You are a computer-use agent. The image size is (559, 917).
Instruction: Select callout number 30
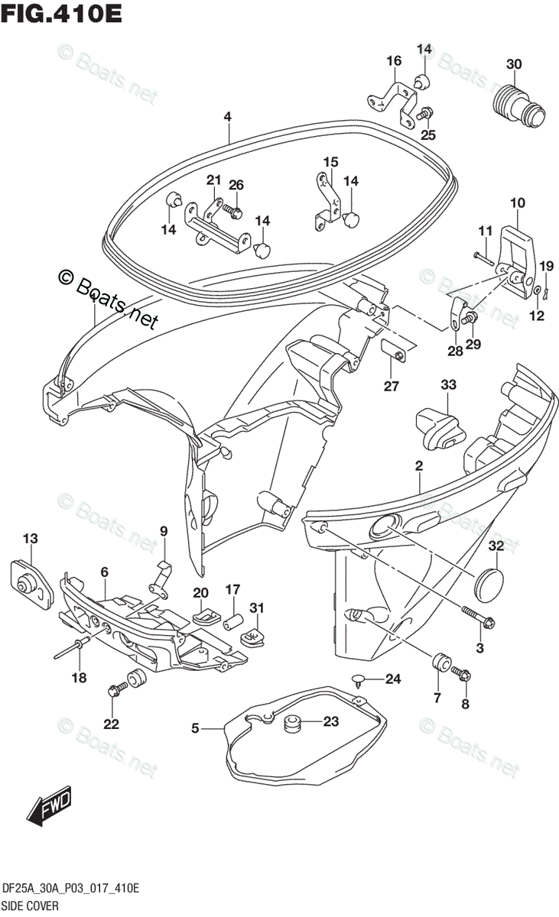pyautogui.click(x=514, y=64)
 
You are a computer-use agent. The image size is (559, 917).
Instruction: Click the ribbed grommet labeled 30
pyautogui.click(x=516, y=105)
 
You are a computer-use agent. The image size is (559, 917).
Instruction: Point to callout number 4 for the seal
pyautogui.click(x=227, y=116)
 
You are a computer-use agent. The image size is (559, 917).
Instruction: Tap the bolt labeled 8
pyautogui.click(x=461, y=673)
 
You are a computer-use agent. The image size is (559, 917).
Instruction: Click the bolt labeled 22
pyautogui.click(x=119, y=690)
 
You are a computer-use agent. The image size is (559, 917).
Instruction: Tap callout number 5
pyautogui.click(x=195, y=729)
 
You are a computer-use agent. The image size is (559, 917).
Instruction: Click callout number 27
pyautogui.click(x=392, y=387)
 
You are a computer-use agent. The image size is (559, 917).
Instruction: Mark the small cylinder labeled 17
pyautogui.click(x=232, y=620)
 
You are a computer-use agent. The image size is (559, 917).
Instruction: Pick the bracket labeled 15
pyautogui.click(x=328, y=200)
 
